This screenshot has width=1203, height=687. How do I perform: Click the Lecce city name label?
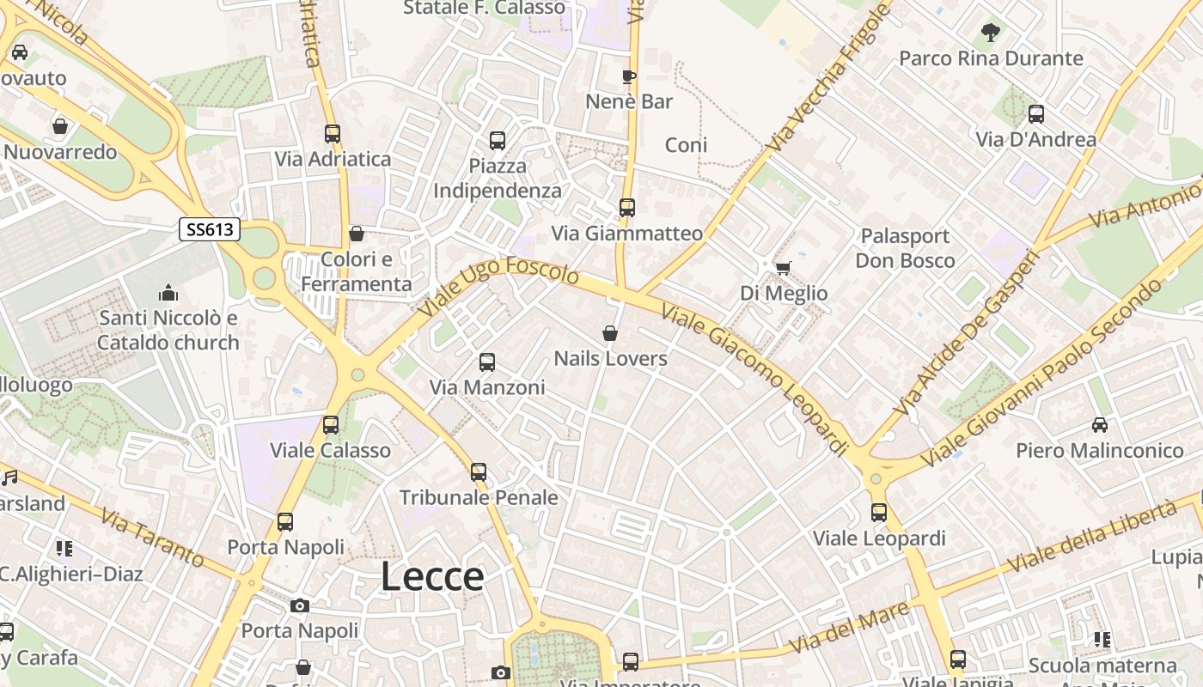pos(432,576)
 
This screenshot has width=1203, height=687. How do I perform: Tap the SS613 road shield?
pos(210,229)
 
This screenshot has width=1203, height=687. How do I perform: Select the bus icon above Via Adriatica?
pos(333,134)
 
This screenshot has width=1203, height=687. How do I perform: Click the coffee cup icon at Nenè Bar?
pos(629,76)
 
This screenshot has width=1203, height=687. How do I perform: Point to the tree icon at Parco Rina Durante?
pos(990,33)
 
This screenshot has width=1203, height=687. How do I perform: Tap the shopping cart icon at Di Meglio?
pos(783,269)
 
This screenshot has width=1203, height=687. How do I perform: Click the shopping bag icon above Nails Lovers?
pos(610,333)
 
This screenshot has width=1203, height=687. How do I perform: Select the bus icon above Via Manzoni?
pos(487,362)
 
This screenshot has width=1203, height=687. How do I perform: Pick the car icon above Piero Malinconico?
pos(1099,425)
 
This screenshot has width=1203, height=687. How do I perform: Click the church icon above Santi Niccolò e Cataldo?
pos(168,293)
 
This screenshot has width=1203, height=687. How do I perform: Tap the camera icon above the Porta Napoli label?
pos(300,606)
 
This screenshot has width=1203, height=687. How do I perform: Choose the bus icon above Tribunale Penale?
pos(479,472)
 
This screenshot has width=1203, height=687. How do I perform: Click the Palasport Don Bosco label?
pos(905,248)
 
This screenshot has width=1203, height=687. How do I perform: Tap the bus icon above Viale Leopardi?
pos(879,513)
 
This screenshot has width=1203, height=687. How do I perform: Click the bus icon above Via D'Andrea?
pos(1036,114)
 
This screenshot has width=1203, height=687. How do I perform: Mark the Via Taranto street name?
pos(153,538)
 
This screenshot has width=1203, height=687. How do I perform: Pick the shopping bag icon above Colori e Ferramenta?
pos(357,234)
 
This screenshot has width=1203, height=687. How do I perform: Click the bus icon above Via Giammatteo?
pos(627,208)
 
